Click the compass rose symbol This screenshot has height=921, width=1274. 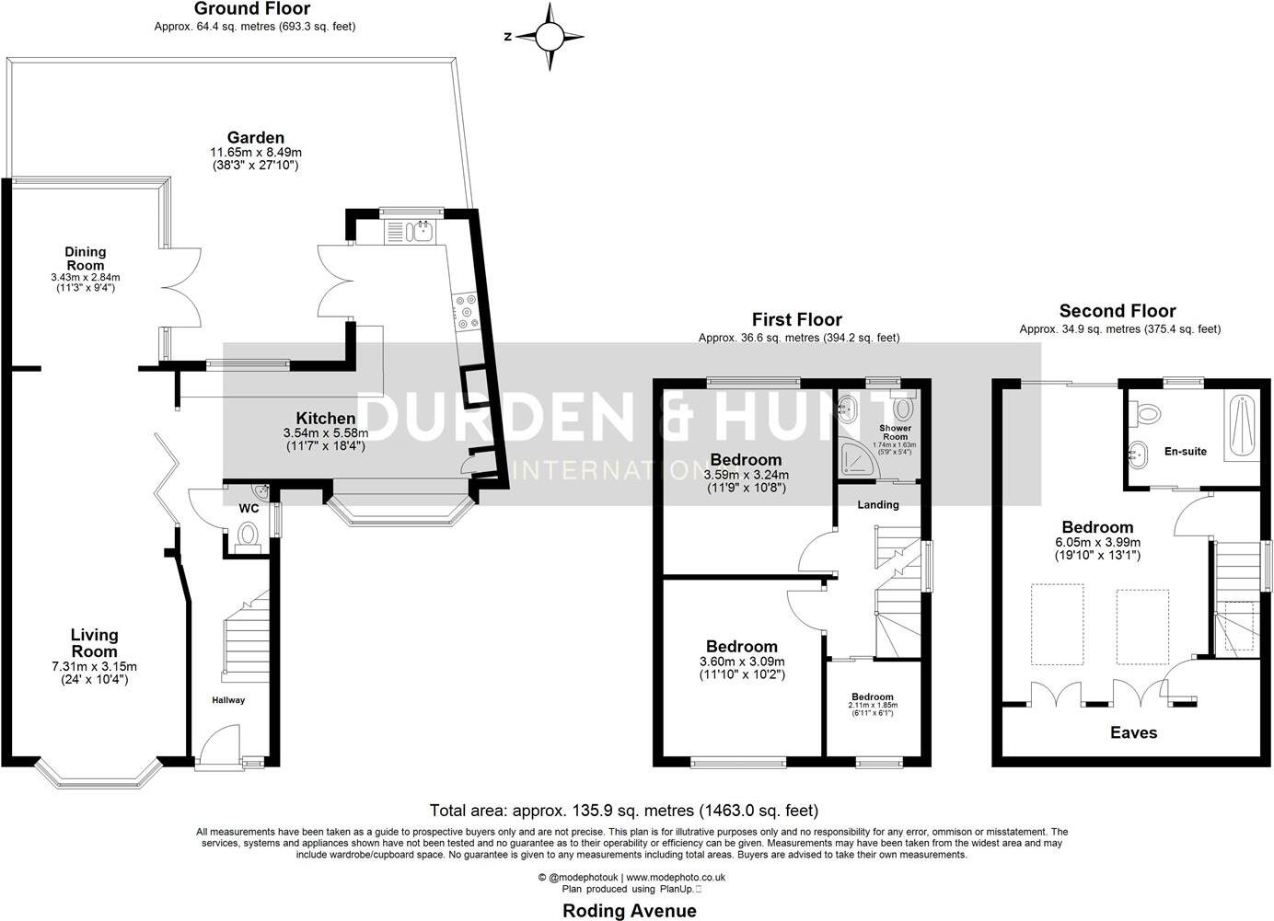pyautogui.click(x=550, y=37)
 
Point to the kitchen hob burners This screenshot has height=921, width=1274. pyautogui.click(x=465, y=311)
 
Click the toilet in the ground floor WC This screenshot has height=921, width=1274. pyautogui.click(x=247, y=535)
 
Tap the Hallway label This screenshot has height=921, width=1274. pyautogui.click(x=228, y=700)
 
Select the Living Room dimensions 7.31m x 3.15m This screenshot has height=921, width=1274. pyautogui.click(x=95, y=666)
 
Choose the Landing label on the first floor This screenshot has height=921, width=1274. pyautogui.click(x=878, y=504)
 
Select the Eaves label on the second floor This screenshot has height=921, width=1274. pyautogui.click(x=1133, y=732)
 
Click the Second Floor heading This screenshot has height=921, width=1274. pyautogui.click(x=1117, y=311)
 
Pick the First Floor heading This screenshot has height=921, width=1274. pyautogui.click(x=796, y=319)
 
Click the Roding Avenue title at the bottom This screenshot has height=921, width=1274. pyautogui.click(x=630, y=911)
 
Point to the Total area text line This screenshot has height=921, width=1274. pyautogui.click(x=623, y=811)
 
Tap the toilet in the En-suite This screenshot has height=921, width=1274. pyautogui.click(x=1148, y=414)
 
